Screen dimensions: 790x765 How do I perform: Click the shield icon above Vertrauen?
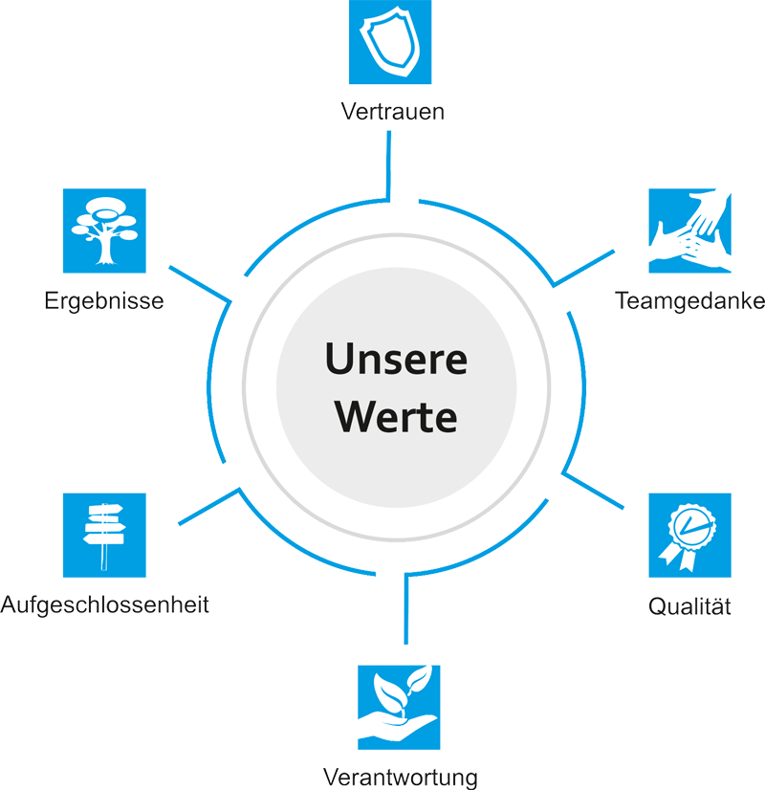pyautogui.click(x=390, y=41)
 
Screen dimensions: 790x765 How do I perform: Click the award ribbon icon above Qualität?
pyautogui.click(x=688, y=532)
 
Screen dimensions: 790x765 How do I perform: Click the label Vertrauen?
pyautogui.click(x=392, y=110)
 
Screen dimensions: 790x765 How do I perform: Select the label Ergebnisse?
pyautogui.click(x=105, y=301)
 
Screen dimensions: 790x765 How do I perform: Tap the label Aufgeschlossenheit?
pyautogui.click(x=104, y=604)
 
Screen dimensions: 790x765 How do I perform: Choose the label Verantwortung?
pyautogui.click(x=399, y=774)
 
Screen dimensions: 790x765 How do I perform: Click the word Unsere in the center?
pyautogui.click(x=395, y=361)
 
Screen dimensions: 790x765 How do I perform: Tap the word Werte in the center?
pyautogui.click(x=395, y=417)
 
